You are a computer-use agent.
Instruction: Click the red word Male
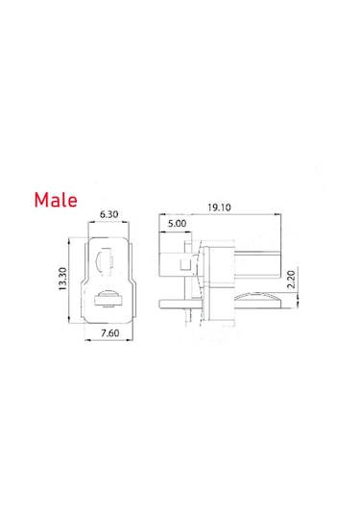56,200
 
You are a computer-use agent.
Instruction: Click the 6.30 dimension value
108,214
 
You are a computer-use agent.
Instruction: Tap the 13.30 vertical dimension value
62,279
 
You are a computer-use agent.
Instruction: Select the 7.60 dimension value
109,333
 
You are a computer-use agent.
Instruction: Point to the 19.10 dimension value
219,208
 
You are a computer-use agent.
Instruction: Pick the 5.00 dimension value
177,224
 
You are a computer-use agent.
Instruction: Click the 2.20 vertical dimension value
291,279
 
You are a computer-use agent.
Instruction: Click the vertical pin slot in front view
104,261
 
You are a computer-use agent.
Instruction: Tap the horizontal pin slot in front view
108,299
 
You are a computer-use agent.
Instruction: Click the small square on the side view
185,263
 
